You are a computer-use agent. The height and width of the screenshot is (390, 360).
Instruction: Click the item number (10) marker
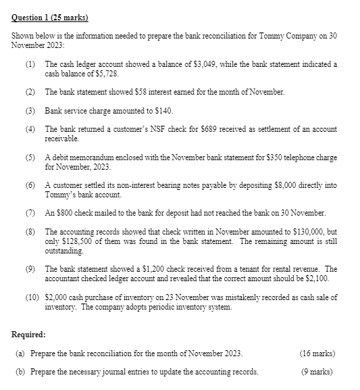[32, 297]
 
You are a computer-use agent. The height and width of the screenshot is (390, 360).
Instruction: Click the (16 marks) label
[317, 354]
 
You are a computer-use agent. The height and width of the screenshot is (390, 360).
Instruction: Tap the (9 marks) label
[319, 372]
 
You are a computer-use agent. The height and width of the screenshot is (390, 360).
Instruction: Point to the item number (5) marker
[30, 157]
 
